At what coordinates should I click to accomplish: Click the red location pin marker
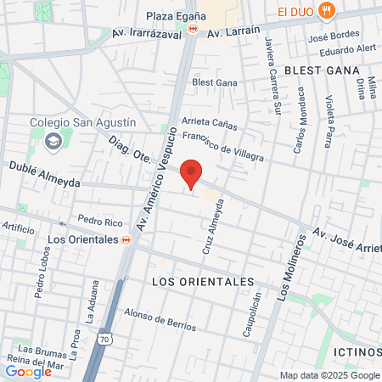[x=193, y=172]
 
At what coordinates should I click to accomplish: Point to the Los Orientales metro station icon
[x=126, y=239]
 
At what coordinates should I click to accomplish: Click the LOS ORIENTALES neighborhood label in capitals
[x=202, y=281]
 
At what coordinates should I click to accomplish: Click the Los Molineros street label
[x=289, y=265]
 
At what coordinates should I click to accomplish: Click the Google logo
[x=28, y=371]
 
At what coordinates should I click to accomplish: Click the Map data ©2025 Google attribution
[x=330, y=375]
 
